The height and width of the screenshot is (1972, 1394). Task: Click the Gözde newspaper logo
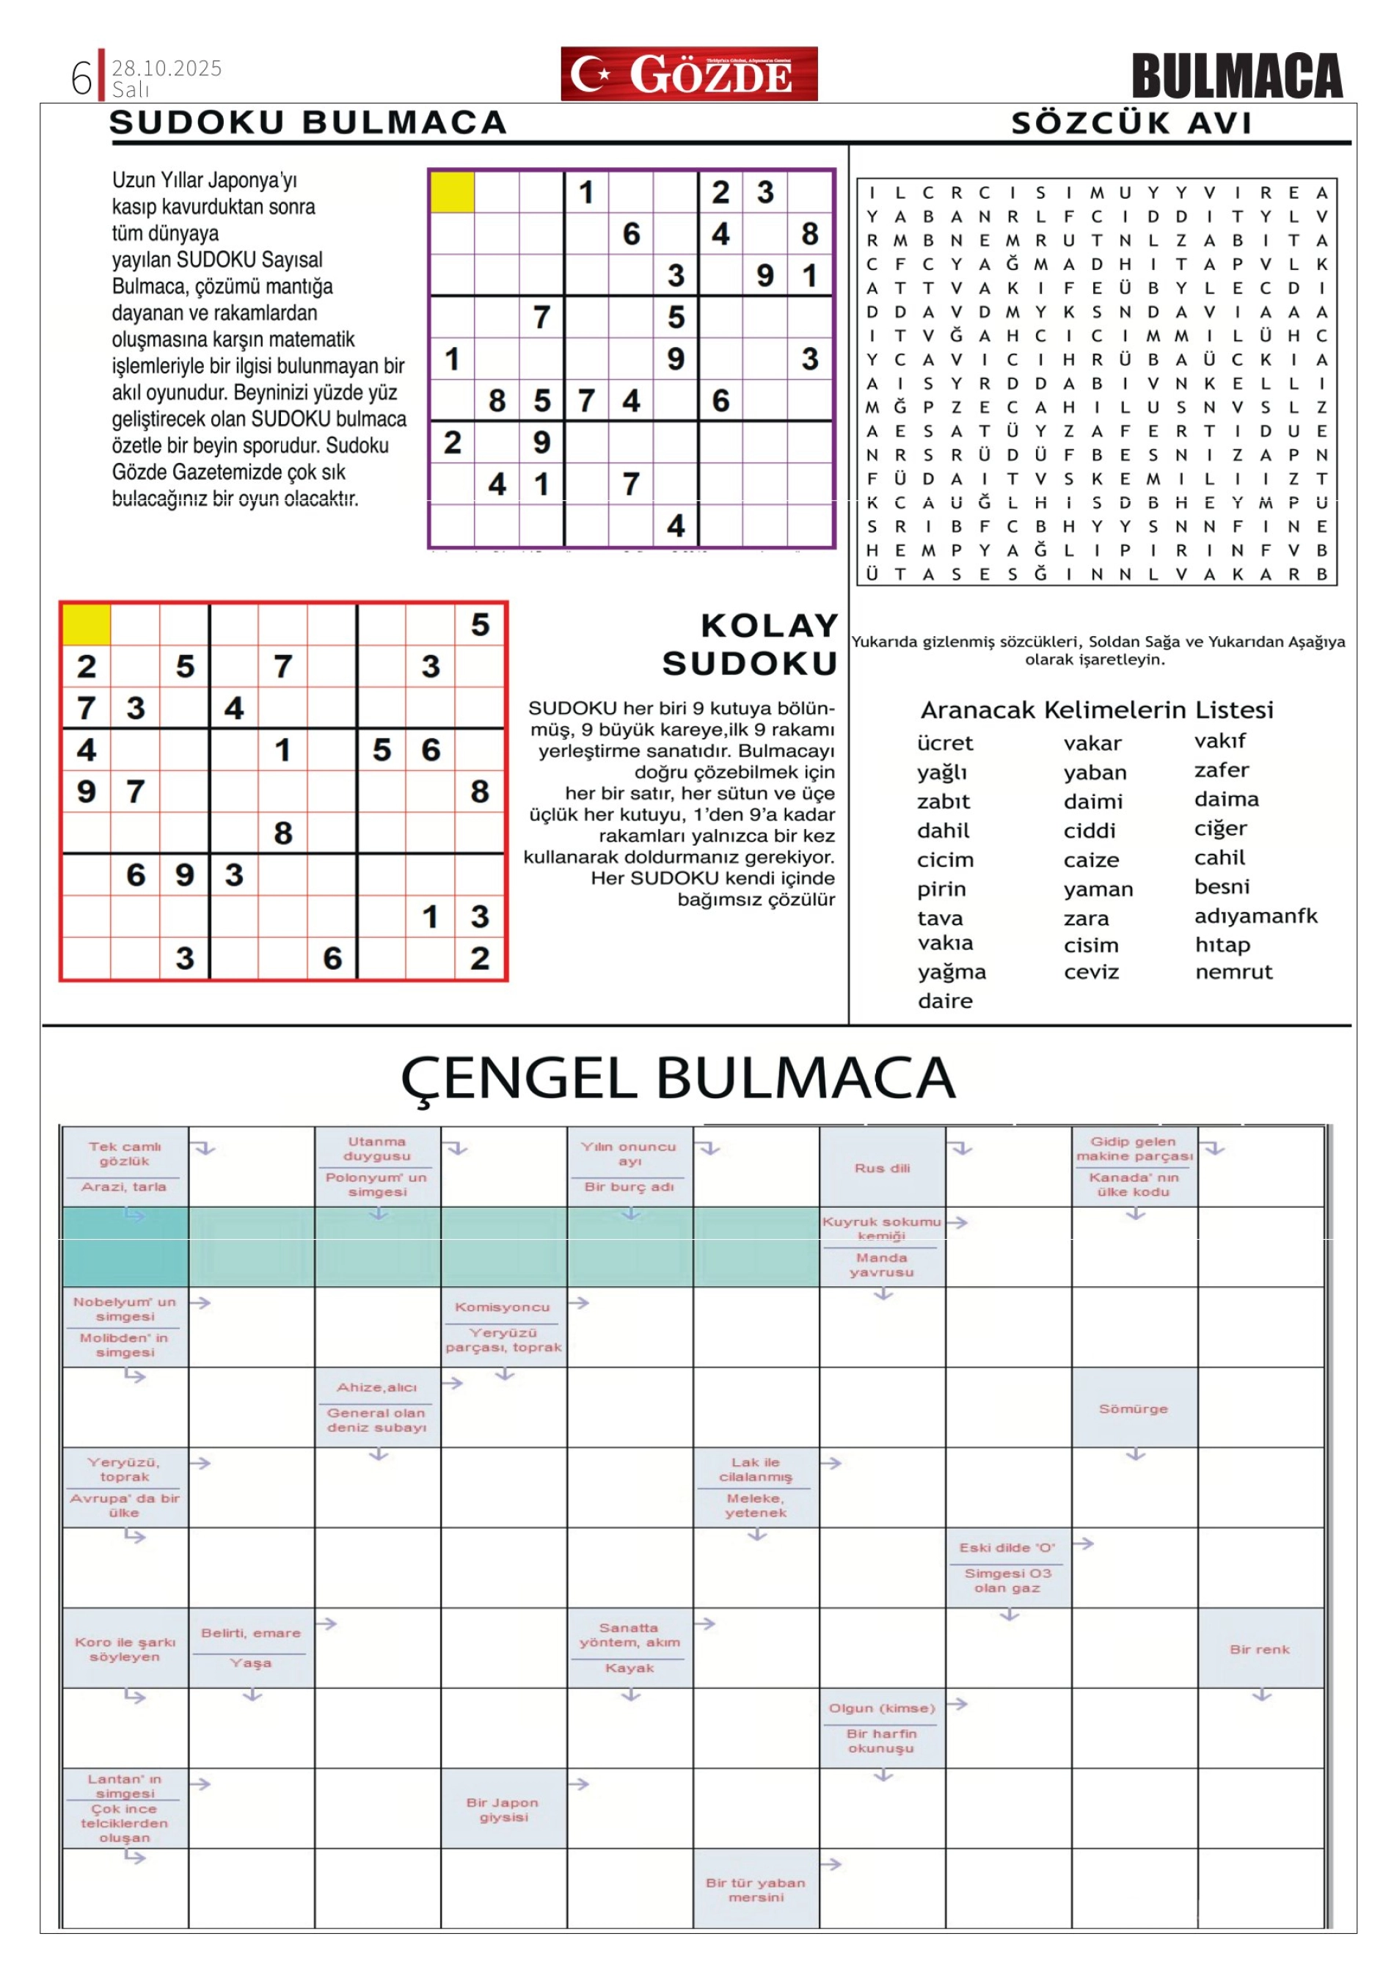tap(688, 74)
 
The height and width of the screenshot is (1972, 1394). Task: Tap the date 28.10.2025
tap(167, 67)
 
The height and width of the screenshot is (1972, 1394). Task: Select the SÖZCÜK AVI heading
tap(1131, 123)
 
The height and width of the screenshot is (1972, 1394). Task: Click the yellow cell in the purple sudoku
tap(452, 191)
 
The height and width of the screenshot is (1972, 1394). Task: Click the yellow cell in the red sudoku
tap(86, 624)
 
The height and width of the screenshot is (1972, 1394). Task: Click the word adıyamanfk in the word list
tap(1255, 916)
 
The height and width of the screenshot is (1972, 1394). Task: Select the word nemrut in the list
tap(1233, 971)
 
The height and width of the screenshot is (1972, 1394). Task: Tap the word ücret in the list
tap(945, 743)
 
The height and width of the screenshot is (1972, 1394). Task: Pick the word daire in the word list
tap(945, 1001)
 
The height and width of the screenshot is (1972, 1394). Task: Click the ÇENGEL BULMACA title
tap(678, 1077)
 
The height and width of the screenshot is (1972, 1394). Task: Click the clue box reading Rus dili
tap(882, 1167)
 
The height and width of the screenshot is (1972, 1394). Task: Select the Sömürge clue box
tap(1133, 1409)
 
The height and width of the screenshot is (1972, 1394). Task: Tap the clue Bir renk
tap(1259, 1649)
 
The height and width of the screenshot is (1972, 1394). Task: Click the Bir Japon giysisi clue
tap(503, 1810)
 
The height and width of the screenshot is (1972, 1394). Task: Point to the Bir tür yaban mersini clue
tap(756, 1890)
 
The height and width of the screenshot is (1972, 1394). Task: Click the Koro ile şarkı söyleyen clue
tap(125, 1649)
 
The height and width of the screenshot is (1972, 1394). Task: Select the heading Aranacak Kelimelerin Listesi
tap(1097, 709)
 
